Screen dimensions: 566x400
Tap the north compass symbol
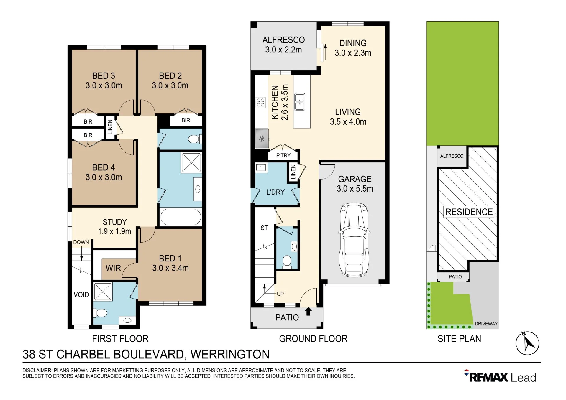[527, 343]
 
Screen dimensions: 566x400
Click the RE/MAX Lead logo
[500, 376]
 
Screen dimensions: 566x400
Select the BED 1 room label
[170, 263]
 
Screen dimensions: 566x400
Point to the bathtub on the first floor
[181, 217]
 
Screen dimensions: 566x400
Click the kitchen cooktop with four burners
[261, 103]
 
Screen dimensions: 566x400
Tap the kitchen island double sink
[300, 102]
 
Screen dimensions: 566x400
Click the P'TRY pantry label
[283, 155]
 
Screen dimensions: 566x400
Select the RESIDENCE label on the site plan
[469, 212]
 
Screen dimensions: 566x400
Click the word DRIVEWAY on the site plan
[486, 324]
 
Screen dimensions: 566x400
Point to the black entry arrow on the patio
[308, 312]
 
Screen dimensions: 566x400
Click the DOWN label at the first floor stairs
[81, 242]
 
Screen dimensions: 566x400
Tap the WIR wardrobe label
[113, 268]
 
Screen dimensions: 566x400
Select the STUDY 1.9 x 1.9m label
[114, 227]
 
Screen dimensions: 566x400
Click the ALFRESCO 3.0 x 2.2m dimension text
[283, 50]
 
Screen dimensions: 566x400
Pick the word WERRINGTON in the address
[230, 354]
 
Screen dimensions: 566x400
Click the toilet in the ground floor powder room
[287, 261]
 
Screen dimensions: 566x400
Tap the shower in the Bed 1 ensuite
[103, 292]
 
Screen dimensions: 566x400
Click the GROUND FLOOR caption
[313, 339]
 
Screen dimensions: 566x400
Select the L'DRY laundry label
[275, 192]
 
